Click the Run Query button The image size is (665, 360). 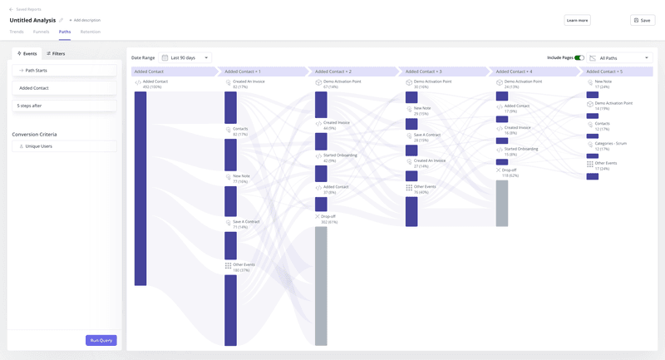click(101, 340)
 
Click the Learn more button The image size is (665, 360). click(577, 20)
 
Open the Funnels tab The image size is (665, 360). click(41, 32)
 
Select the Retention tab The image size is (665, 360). click(91, 32)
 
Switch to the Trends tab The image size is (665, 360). click(17, 32)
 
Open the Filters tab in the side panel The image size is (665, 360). click(56, 53)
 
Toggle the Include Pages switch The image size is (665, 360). click(579, 58)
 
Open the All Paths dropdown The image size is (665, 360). click(619, 58)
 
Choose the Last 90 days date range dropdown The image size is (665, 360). click(185, 58)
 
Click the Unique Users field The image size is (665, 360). click(64, 146)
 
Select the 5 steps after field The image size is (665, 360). click(64, 106)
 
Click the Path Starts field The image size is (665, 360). click(64, 71)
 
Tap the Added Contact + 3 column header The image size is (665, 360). click(441, 72)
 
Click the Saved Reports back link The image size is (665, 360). click(27, 9)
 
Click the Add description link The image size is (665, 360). click(85, 20)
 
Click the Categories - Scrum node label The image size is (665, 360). click(610, 143)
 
